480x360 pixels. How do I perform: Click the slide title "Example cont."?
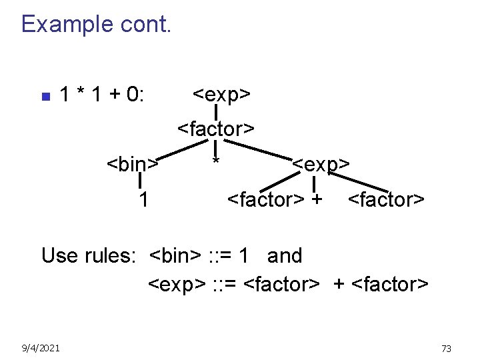[97, 25]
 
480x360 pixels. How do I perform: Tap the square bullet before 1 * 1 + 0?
[45, 97]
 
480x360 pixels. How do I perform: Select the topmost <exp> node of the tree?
[221, 95]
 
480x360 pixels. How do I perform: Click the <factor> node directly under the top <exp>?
[216, 129]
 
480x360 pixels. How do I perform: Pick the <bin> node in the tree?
[133, 164]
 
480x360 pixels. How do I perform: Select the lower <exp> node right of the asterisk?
[321, 164]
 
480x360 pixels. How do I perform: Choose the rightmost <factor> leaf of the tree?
[386, 199]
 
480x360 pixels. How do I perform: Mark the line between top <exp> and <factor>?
[216, 112]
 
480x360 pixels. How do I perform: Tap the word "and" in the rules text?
[285, 255]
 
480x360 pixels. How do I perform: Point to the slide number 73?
[446, 348]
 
